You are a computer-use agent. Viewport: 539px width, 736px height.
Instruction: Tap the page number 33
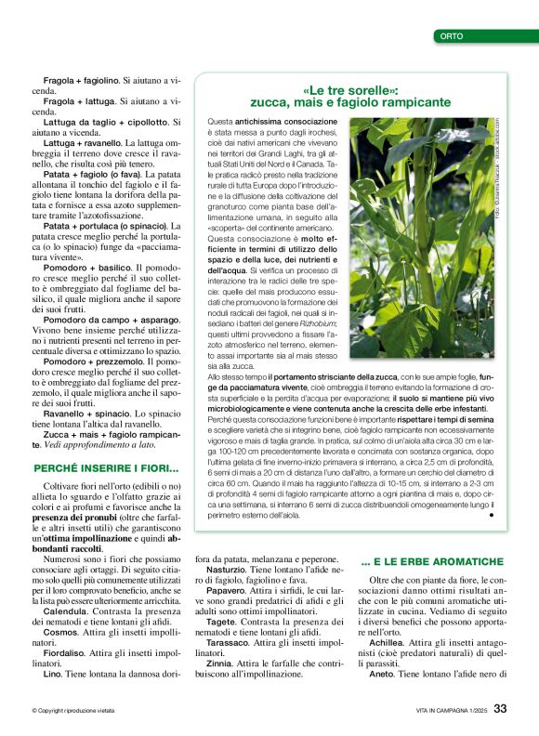pyautogui.click(x=500, y=709)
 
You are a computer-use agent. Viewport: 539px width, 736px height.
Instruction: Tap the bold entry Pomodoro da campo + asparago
pyautogui.click(x=104, y=319)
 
